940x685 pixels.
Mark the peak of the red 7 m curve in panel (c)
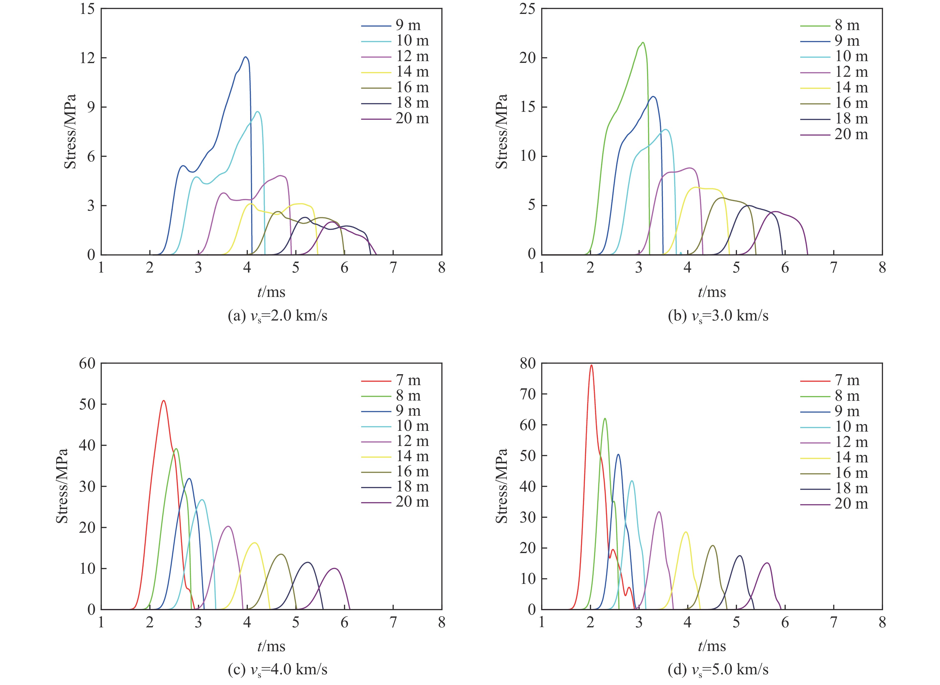[164, 401]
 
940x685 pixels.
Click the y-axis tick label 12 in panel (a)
[88, 58]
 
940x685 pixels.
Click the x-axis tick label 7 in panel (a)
[393, 268]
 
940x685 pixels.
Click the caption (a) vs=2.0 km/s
[278, 316]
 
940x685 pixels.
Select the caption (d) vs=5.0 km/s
[718, 670]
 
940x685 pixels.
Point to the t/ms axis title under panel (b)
[712, 292]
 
